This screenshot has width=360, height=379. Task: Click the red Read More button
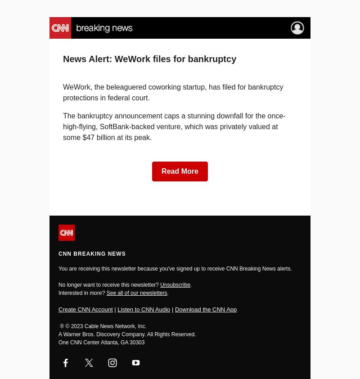pyautogui.click(x=180, y=171)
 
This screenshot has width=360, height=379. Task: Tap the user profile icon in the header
pyautogui.click(x=297, y=28)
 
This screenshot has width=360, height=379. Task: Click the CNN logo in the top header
pyautogui.click(x=60, y=28)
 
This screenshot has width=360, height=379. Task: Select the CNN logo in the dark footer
pyautogui.click(x=67, y=233)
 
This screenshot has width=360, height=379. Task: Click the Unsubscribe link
pyautogui.click(x=175, y=285)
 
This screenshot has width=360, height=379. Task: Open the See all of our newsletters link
pyautogui.click(x=137, y=293)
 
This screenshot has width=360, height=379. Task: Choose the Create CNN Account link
pyautogui.click(x=85, y=310)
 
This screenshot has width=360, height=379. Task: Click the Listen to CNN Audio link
pyautogui.click(x=144, y=310)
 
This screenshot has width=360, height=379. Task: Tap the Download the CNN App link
pyautogui.click(x=206, y=310)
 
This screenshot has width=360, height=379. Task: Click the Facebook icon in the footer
pyautogui.click(x=66, y=363)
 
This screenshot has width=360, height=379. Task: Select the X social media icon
pyautogui.click(x=89, y=363)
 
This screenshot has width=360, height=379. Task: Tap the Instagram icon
pyautogui.click(x=112, y=363)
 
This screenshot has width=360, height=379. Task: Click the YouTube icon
pyautogui.click(x=136, y=363)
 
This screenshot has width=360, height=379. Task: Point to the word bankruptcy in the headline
pyautogui.click(x=212, y=59)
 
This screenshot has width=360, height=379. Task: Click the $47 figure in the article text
pyautogui.click(x=88, y=138)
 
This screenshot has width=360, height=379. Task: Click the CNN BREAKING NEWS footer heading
pyautogui.click(x=92, y=254)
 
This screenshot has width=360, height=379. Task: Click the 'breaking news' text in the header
pyautogui.click(x=104, y=28)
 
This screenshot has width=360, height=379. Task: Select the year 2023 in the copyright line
pyautogui.click(x=77, y=326)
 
